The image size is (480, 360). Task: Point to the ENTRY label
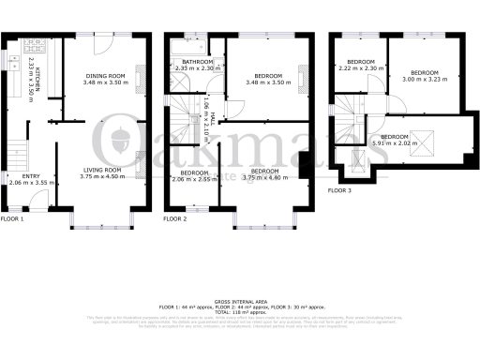(19, 175)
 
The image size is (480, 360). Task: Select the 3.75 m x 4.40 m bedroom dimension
(265, 177)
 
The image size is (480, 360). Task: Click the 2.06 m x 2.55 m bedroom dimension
(192, 177)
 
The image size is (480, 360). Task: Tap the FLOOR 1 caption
(11, 218)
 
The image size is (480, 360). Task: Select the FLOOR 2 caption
(174, 218)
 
